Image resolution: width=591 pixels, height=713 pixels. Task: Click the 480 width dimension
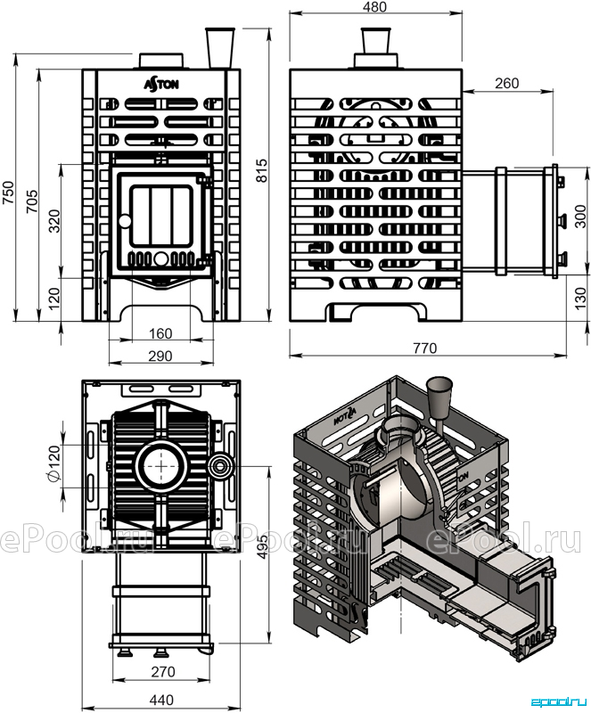click(x=375, y=7)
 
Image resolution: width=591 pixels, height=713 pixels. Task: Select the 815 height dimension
click(x=262, y=170)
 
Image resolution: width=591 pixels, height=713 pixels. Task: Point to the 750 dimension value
click(x=9, y=193)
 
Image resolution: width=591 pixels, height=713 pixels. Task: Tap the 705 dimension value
click(x=32, y=201)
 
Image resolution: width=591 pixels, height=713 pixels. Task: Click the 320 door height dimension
click(x=54, y=220)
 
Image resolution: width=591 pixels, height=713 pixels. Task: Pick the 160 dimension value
click(x=160, y=333)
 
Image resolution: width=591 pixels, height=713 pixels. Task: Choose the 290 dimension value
click(x=160, y=356)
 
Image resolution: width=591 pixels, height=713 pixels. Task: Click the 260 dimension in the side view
click(x=507, y=83)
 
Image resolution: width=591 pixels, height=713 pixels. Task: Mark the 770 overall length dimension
click(x=425, y=348)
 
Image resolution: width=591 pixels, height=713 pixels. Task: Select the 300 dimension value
click(x=581, y=217)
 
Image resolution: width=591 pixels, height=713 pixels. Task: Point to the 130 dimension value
click(x=581, y=299)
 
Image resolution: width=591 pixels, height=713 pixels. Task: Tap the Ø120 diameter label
click(x=53, y=463)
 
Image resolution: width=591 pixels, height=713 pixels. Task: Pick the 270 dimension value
click(x=162, y=671)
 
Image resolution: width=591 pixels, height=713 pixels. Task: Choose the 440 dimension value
click(x=161, y=700)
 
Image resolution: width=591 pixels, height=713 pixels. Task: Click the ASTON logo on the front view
click(x=161, y=85)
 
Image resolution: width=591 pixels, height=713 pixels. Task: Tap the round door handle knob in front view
click(x=124, y=221)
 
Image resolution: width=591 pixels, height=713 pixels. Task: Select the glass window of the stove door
click(x=161, y=217)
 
